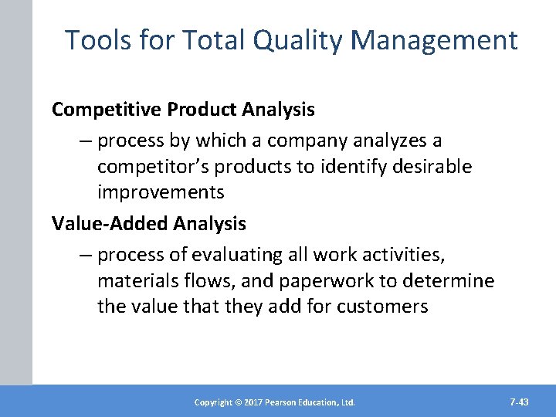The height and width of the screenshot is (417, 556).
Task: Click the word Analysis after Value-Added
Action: coord(210,224)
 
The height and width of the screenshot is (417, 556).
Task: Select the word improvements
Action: coord(161,192)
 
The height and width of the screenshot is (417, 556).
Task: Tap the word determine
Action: coord(451,280)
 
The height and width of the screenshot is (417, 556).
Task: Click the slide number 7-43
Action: coord(520,402)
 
